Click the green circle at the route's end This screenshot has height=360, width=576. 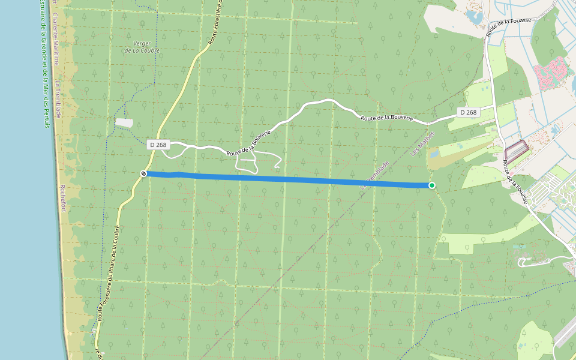pos(432,185)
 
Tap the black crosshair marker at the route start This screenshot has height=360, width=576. pos(144,173)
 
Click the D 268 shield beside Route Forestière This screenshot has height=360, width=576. pos(158,145)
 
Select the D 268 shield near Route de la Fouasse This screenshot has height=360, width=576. pos(468,112)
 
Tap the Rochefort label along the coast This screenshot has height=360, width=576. pos(62,204)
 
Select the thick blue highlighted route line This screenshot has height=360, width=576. pos(288,179)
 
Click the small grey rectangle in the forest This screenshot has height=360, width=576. pos(124,122)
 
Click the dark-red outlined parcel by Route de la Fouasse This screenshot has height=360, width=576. pos(517,148)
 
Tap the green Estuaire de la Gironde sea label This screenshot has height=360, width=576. pos(44,60)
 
